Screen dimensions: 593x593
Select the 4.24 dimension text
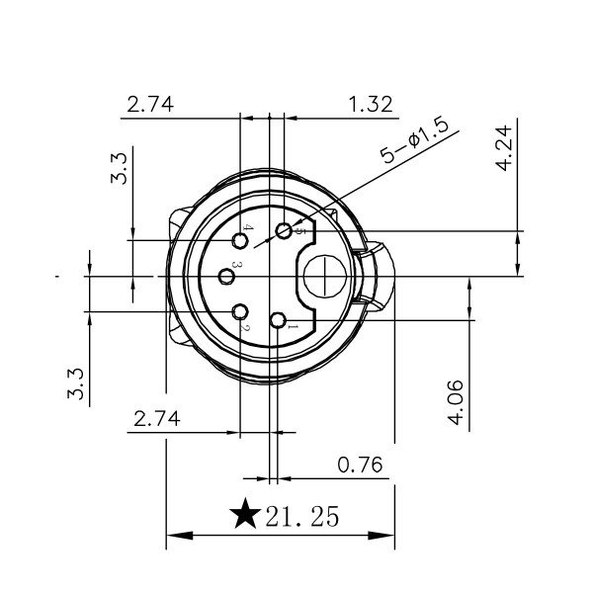tap(504, 148)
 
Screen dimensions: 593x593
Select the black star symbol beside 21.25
tap(244, 515)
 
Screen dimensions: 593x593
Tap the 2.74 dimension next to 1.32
tap(150, 104)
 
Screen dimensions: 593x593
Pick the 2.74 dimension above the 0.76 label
tap(154, 418)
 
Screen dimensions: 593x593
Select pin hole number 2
tap(240, 313)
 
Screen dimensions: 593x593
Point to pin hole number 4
tap(241, 240)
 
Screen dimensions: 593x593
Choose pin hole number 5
tap(285, 231)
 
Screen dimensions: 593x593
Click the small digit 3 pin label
tap(237, 267)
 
